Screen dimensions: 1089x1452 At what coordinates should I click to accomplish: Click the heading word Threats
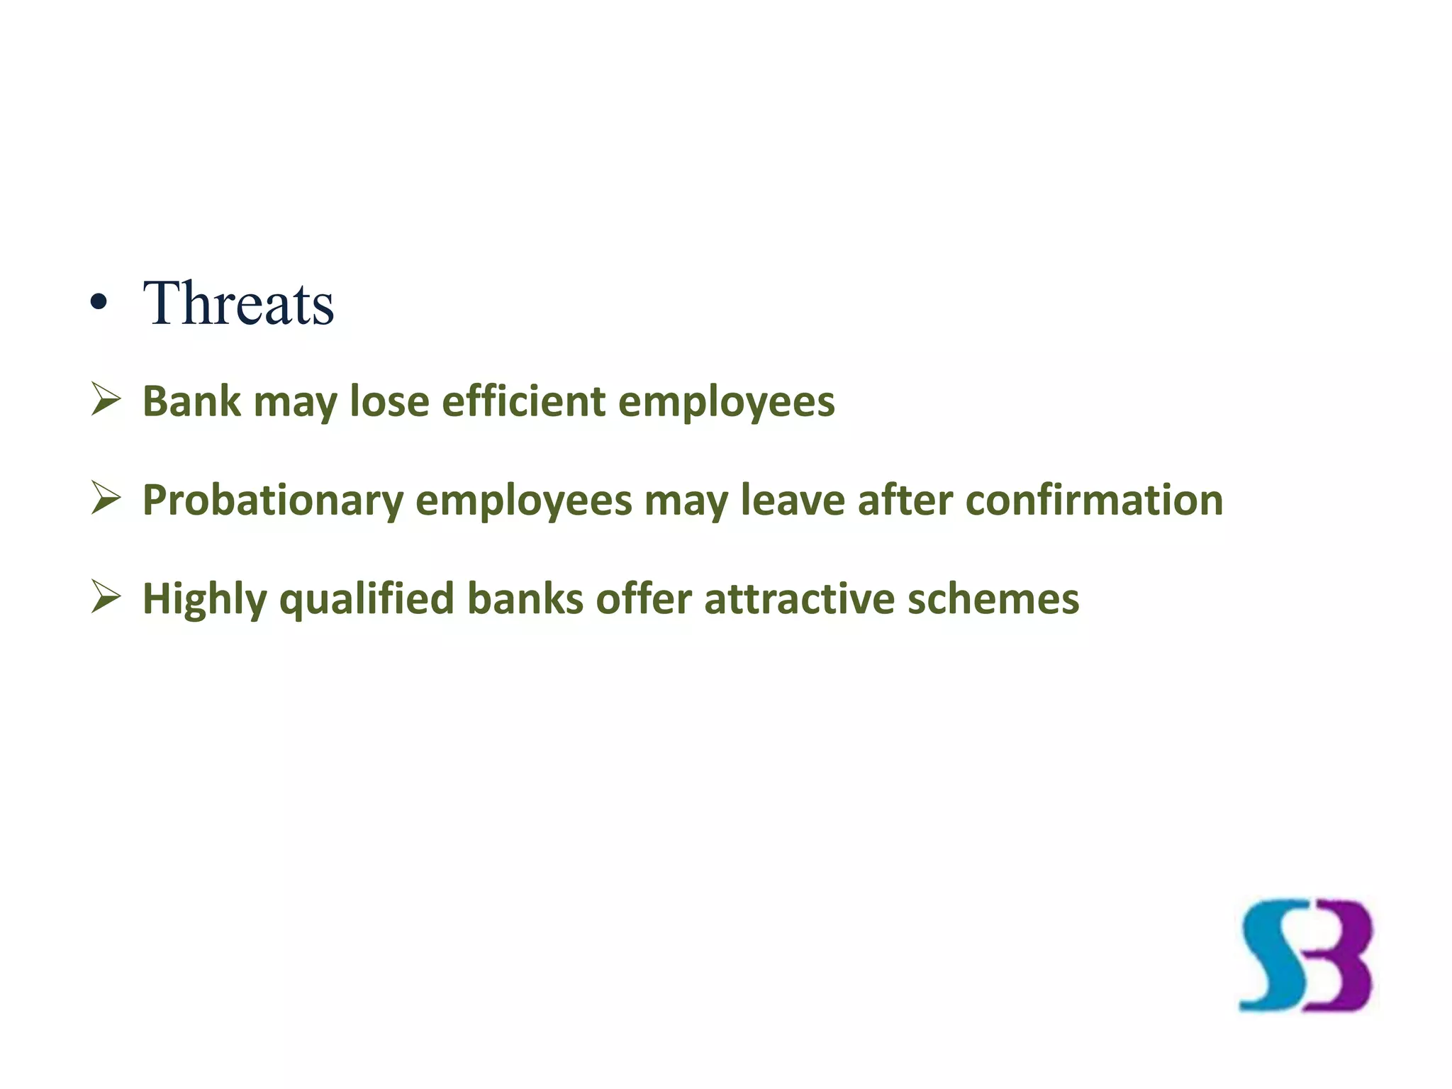(238, 303)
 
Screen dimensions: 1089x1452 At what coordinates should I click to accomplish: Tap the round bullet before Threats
(99, 304)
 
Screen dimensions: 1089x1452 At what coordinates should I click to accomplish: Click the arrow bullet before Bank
(106, 400)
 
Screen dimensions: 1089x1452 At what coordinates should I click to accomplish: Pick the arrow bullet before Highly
(106, 597)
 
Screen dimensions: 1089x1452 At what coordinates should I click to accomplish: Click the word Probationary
(273, 501)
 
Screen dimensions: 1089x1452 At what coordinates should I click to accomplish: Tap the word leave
(793, 500)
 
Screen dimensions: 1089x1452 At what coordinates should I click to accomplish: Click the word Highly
(205, 600)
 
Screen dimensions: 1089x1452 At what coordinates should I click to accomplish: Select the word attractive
(800, 599)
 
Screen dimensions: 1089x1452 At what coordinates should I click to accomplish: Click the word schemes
(993, 599)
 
